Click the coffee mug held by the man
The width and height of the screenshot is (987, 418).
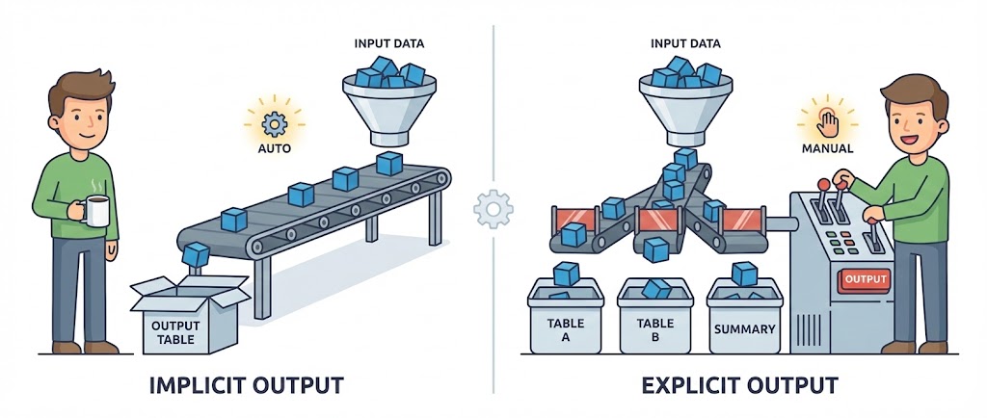(x=95, y=210)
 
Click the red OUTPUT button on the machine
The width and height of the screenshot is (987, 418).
(x=864, y=279)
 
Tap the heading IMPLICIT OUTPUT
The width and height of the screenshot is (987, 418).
(x=246, y=386)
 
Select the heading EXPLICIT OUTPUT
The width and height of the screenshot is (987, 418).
(x=740, y=386)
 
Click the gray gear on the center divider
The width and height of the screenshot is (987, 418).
(x=493, y=208)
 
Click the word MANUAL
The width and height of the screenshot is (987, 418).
(x=827, y=149)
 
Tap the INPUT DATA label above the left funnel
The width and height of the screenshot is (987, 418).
(x=390, y=43)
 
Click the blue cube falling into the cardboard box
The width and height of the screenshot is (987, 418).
(x=196, y=254)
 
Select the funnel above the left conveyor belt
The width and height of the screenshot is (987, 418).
(x=389, y=106)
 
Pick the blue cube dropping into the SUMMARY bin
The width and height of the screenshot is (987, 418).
(x=744, y=274)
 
